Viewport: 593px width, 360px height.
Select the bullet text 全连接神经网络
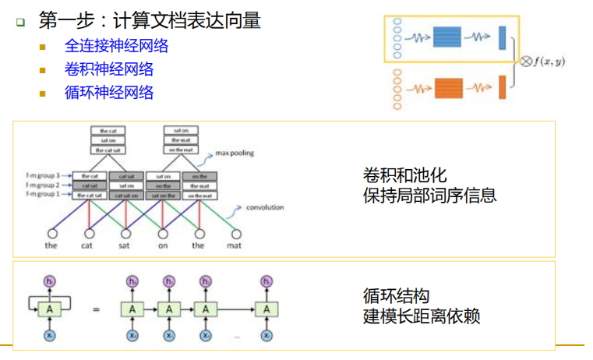coord(117,46)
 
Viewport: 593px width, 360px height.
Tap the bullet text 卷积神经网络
coord(109,69)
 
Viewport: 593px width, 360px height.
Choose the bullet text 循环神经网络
coord(109,93)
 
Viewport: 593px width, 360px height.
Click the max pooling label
coord(237,154)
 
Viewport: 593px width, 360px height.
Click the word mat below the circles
coord(235,245)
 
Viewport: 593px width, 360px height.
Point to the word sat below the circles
coord(125,245)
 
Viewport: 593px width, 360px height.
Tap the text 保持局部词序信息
coord(429,195)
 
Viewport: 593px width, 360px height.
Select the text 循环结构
coord(396,296)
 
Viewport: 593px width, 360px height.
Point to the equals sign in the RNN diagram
coord(96,310)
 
